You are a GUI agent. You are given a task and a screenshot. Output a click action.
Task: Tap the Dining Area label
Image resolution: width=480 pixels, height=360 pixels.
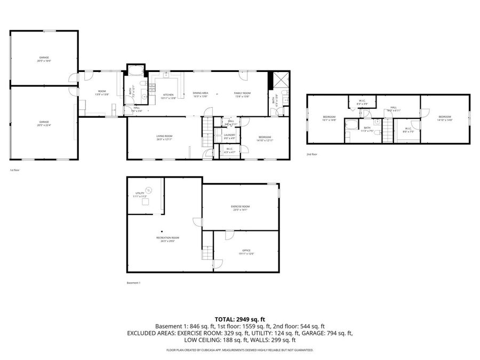tap(201, 95)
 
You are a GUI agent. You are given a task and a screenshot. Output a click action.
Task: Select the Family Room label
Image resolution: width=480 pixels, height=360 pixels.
tap(243, 95)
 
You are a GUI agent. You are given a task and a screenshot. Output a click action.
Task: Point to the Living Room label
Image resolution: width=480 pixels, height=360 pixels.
tap(164, 138)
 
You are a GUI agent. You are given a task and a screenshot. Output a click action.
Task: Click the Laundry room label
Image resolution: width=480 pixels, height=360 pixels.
tap(229, 136)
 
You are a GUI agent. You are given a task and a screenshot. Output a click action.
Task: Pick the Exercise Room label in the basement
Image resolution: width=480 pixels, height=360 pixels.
tap(240, 207)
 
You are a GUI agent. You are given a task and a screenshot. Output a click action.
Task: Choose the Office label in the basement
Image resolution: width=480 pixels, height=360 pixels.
tap(246, 252)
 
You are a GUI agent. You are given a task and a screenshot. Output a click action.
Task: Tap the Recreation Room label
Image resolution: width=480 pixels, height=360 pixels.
tap(167, 239)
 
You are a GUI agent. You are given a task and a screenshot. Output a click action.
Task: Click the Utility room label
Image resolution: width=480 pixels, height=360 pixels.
tap(140, 195)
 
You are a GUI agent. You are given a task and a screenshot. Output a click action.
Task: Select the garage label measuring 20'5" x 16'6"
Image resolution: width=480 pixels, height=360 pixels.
tap(44, 59)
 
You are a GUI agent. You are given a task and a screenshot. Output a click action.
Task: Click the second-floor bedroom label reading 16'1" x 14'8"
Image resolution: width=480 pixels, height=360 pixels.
tap(329, 118)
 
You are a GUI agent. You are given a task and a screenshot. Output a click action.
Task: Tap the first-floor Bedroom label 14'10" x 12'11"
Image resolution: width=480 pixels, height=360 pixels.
tap(265, 139)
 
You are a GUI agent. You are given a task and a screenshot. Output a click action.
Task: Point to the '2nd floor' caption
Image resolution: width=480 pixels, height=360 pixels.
tap(312, 154)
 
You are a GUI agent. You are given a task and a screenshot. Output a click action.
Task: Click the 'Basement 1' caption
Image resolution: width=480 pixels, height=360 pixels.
tap(133, 283)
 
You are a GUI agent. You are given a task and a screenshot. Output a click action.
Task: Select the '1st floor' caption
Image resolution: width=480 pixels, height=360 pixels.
tap(15, 170)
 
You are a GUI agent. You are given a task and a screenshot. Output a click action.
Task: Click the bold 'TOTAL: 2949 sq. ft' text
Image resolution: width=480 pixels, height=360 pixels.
tap(239, 319)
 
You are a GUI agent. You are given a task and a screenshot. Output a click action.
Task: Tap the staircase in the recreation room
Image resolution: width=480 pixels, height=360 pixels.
tap(206, 251)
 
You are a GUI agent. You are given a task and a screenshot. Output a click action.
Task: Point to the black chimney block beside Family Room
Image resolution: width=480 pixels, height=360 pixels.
tap(270, 81)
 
